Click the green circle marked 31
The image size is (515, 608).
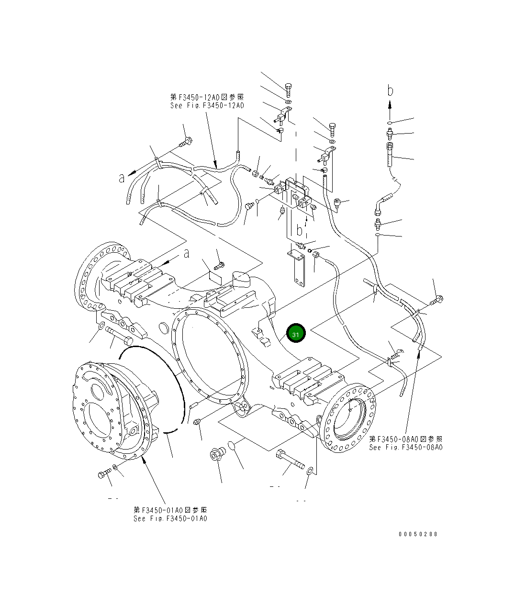pyautogui.click(x=295, y=334)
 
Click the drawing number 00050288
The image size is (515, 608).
pyautogui.click(x=417, y=534)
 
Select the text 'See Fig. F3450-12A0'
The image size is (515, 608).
pyautogui.click(x=207, y=105)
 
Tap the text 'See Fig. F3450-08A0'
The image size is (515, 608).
pyautogui.click(x=405, y=447)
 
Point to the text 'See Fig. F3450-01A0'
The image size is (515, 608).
pyautogui.click(x=170, y=518)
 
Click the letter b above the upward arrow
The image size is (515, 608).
pyautogui.click(x=391, y=90)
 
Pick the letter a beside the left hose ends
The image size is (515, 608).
pyautogui.click(x=122, y=178)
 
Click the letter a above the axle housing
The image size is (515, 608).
pyautogui.click(x=186, y=254)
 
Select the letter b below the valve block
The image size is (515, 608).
pyautogui.click(x=300, y=231)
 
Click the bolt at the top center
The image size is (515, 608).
pyautogui.click(x=288, y=90)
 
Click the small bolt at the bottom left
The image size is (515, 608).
pyautogui.click(x=104, y=474)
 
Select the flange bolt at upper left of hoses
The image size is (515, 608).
pyautogui.click(x=186, y=142)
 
